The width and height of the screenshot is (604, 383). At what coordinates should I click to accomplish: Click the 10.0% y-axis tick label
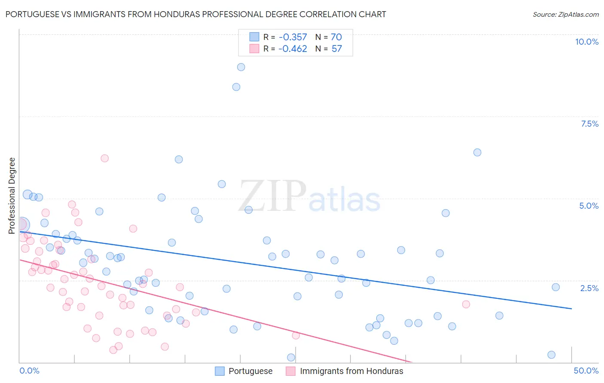coord(586,42)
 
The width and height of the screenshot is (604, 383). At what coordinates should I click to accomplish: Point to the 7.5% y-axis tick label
coord(589,124)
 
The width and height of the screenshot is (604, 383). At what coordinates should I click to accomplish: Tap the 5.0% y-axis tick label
coord(589,206)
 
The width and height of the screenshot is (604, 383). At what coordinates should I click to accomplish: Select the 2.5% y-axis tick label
coord(589,288)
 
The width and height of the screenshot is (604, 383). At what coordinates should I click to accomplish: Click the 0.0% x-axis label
coord(29,371)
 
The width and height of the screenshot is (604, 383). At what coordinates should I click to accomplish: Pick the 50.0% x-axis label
coord(586,371)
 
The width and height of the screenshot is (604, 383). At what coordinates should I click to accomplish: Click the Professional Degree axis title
coord(12,196)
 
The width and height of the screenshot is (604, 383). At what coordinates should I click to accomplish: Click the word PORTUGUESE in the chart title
coord(32,14)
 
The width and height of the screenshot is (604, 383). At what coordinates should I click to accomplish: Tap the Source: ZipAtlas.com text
coord(565,14)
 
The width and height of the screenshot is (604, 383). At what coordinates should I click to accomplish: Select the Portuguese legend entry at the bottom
coord(244,371)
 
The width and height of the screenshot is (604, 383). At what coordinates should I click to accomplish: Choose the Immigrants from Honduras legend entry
coord(345,371)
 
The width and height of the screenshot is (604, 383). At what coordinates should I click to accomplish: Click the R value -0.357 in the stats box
coord(293,37)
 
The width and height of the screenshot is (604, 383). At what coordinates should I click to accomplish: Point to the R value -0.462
coord(293,49)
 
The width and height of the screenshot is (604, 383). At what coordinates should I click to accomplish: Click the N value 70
coord(336,37)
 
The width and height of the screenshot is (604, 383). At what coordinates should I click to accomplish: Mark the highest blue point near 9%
coord(241,67)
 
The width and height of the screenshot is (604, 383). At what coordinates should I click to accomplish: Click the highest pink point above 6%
coord(104,158)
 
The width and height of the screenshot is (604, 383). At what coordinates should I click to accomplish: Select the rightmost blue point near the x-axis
coord(552,355)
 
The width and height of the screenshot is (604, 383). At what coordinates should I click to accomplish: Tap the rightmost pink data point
coord(466,304)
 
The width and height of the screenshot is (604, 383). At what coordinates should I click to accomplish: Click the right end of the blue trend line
coord(571,309)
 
